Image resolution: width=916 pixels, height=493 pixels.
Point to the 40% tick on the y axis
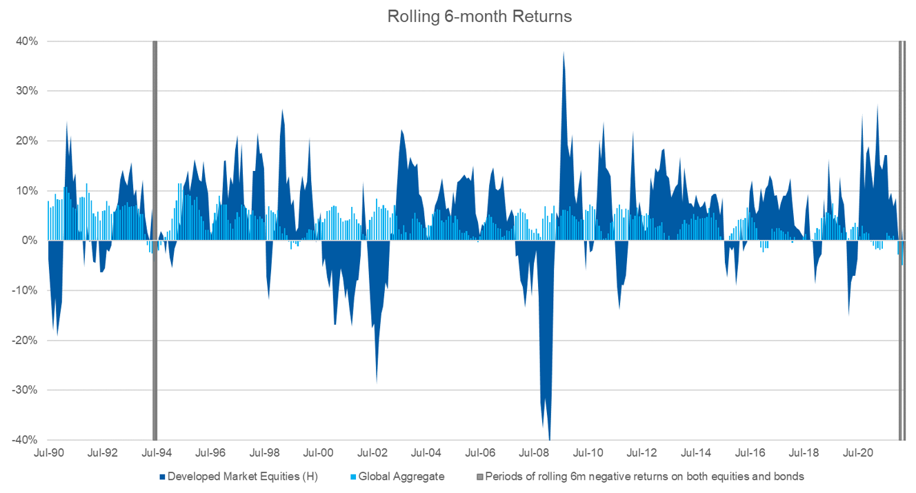click(x=28, y=41)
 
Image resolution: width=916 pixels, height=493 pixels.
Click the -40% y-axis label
click(x=26, y=440)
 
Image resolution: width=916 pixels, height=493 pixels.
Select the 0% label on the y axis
click(x=30, y=241)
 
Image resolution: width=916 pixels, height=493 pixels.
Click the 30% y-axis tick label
click(x=28, y=91)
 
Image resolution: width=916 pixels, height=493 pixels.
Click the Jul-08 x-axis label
click(x=534, y=453)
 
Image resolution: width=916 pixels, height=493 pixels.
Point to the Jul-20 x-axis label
click(x=857, y=453)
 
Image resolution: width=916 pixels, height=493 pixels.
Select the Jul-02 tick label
click(x=372, y=453)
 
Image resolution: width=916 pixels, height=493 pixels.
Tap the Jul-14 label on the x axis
click(x=696, y=453)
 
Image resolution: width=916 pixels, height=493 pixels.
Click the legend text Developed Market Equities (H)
click(x=241, y=476)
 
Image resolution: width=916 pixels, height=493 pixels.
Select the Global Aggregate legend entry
click(x=401, y=476)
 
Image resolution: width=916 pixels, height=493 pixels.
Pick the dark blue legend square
click(x=162, y=476)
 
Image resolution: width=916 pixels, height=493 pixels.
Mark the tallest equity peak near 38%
click(x=564, y=54)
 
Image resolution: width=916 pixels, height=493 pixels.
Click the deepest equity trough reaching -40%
click(x=549, y=437)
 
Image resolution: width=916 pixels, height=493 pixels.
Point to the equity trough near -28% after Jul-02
click(x=376, y=381)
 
